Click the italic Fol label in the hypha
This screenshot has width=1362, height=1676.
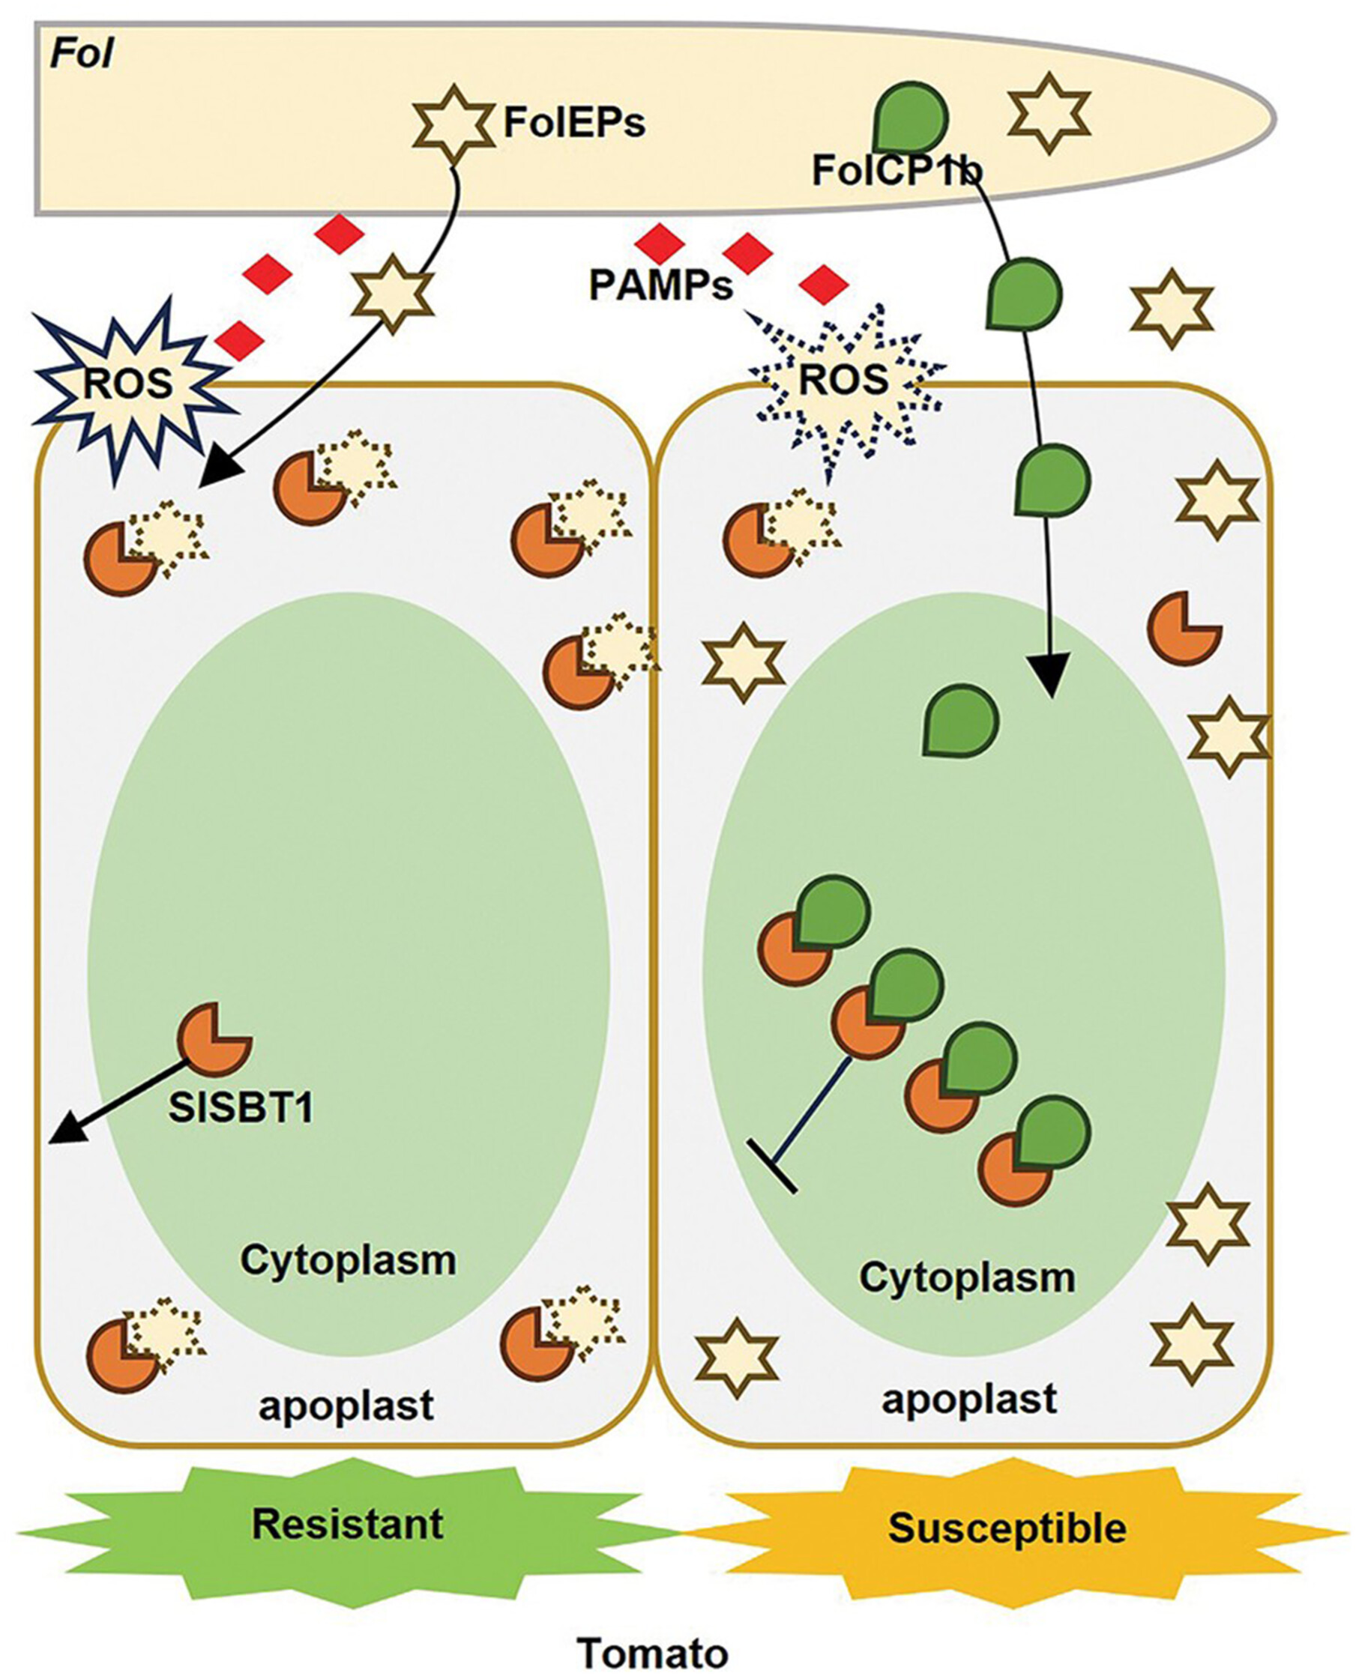(x=82, y=55)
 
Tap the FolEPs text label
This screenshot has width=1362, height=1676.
(x=573, y=122)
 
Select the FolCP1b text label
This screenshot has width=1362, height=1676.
(x=897, y=170)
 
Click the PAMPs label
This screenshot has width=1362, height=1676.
(x=660, y=285)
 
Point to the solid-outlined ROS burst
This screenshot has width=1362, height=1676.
(x=130, y=384)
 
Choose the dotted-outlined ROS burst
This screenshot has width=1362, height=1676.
(x=844, y=381)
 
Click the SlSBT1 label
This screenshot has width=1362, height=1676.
(x=241, y=1107)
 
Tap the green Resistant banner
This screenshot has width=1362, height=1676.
(x=348, y=1525)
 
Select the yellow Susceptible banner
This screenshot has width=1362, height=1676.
(x=1007, y=1528)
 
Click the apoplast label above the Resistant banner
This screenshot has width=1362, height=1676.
(x=346, y=1405)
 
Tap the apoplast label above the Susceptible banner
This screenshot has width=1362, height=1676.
(x=969, y=1399)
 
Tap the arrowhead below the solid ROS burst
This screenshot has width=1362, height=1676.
(x=216, y=471)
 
